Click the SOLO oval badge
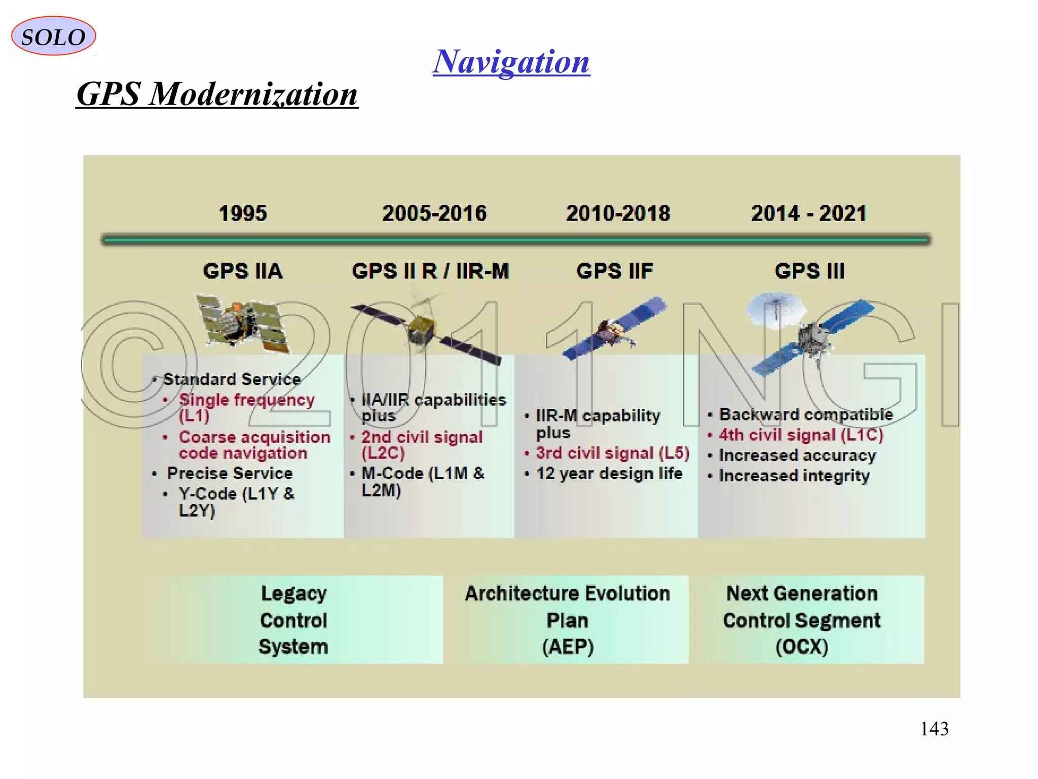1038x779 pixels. (x=53, y=36)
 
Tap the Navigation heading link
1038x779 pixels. (x=511, y=62)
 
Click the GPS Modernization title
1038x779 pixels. (x=217, y=94)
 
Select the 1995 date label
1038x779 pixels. (x=243, y=214)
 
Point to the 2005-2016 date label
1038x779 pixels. (x=434, y=214)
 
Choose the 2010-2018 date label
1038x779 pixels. (x=618, y=214)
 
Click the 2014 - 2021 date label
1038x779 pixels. (x=809, y=214)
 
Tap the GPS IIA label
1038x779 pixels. (x=243, y=271)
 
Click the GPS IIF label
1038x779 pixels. (x=615, y=271)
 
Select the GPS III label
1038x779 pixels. (x=809, y=271)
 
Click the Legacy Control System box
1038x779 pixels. (x=294, y=620)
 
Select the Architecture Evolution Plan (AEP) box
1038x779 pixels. (x=567, y=620)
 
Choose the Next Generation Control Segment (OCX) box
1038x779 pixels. (x=802, y=620)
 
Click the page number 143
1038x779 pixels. (x=934, y=729)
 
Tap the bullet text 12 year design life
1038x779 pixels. (x=609, y=474)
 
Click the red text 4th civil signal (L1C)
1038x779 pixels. (x=801, y=435)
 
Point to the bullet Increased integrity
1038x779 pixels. (x=794, y=476)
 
